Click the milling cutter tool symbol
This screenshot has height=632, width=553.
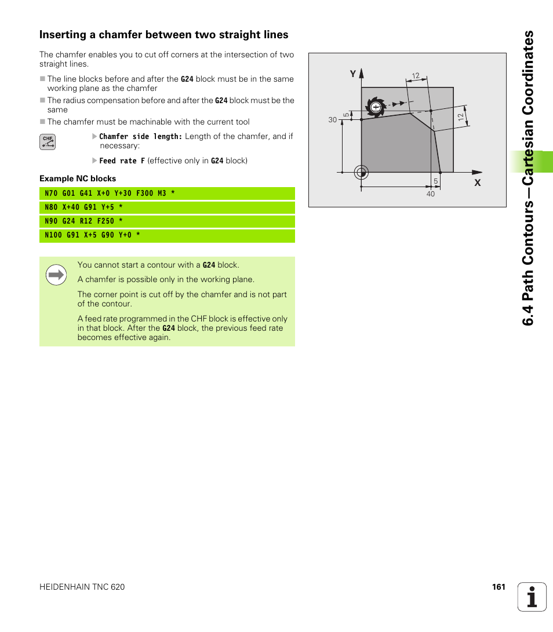(376, 107)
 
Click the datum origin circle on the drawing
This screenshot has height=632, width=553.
(362, 172)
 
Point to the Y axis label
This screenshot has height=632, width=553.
(352, 74)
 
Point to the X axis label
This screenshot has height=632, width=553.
(478, 182)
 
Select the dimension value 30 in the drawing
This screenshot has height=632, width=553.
(332, 120)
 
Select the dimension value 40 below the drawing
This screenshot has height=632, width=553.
(430, 194)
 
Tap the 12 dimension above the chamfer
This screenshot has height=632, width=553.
(416, 76)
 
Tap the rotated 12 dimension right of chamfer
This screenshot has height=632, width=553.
(461, 117)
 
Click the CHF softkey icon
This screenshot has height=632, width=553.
(48, 142)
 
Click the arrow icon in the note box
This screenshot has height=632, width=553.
(56, 275)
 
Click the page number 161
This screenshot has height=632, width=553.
(499, 587)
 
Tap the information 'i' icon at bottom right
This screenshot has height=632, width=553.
(532, 597)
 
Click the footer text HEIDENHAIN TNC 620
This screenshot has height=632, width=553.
(82, 587)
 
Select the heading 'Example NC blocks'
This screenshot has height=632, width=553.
(78, 178)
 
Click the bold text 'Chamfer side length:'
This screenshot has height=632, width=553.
(141, 137)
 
